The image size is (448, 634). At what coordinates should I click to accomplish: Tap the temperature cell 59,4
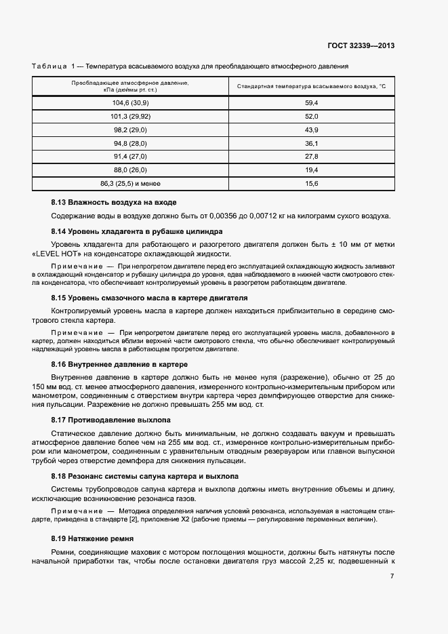pyautogui.click(x=312, y=102)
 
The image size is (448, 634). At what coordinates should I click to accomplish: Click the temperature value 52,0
pyautogui.click(x=312, y=116)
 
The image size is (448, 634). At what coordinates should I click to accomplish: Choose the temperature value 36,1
pyautogui.click(x=312, y=143)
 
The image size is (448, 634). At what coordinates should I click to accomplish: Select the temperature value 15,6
pyautogui.click(x=312, y=184)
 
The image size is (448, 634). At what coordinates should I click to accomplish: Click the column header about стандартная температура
pyautogui.click(x=311, y=87)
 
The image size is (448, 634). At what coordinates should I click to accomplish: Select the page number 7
pyautogui.click(x=392, y=576)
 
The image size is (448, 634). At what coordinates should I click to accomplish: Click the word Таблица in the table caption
pyautogui.click(x=48, y=66)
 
